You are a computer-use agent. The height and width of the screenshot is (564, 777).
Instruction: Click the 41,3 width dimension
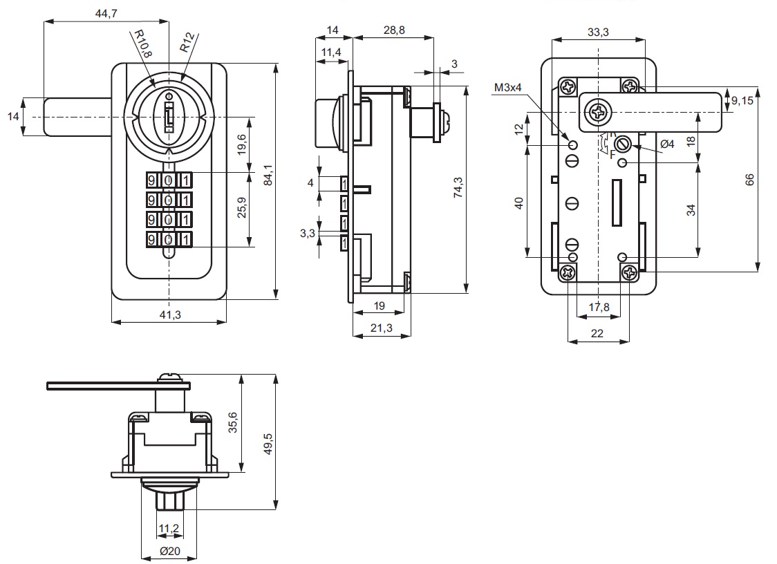point(170,314)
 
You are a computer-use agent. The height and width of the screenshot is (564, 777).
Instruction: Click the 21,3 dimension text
point(382,328)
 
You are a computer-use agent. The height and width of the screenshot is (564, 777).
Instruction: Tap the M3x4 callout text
point(509,87)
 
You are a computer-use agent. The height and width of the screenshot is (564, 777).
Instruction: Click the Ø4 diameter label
point(667,144)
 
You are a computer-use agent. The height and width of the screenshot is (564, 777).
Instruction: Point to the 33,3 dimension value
point(598,31)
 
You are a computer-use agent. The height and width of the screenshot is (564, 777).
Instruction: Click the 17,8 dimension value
point(598,307)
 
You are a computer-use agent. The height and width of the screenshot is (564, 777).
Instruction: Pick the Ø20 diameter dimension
point(169,552)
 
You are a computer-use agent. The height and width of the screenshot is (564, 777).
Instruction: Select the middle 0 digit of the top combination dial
point(169,180)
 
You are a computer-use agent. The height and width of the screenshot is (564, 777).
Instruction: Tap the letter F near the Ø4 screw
point(612,155)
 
